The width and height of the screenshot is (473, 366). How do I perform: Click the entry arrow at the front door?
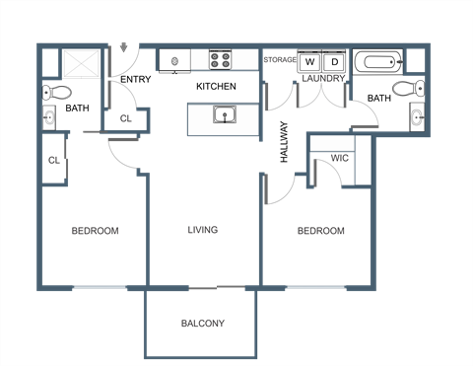tap(125, 45)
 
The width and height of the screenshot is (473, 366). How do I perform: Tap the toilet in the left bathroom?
tap(55, 92)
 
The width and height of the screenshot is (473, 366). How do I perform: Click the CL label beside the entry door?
tap(125, 118)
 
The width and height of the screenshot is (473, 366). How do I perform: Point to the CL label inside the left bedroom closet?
tap(53, 159)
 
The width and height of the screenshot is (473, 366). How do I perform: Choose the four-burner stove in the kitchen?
tap(220, 61)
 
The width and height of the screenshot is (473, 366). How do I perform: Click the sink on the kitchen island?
tap(226, 116)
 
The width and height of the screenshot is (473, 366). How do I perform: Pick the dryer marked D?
tap(333, 62)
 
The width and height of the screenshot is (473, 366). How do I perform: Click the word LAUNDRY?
tap(322, 77)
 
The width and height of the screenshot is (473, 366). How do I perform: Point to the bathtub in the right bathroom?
tap(378, 63)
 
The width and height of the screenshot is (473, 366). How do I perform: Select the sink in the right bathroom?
tap(418, 117)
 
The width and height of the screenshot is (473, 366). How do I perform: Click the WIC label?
tap(340, 158)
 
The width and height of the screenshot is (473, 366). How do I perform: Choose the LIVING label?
tap(202, 231)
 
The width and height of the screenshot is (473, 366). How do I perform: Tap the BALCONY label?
tap(203, 324)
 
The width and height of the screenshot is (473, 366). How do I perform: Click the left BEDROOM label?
tap(95, 231)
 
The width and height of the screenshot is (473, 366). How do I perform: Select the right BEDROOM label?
tap(321, 231)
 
